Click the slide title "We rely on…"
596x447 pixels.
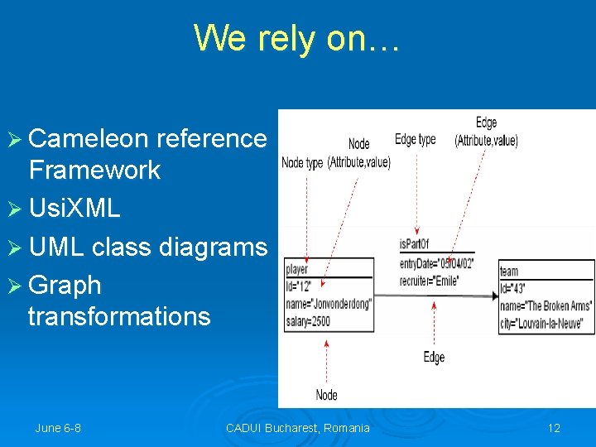coord(296,38)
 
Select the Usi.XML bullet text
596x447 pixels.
coord(74,208)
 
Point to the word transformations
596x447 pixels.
coord(119,316)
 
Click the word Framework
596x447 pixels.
coord(94,171)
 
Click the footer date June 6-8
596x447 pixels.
coord(58,428)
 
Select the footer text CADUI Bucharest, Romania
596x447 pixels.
coord(298,428)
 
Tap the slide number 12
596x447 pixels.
coord(554,428)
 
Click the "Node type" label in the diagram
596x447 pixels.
coord(302,163)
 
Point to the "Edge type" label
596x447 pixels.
coord(415,140)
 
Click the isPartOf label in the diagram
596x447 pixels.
coord(414,243)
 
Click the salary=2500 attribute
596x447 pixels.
coord(310,320)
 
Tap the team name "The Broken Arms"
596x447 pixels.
coord(546,305)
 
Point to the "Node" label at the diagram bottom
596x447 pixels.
coord(327,395)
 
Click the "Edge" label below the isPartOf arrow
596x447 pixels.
coord(434,357)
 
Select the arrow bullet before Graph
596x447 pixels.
coord(17,286)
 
